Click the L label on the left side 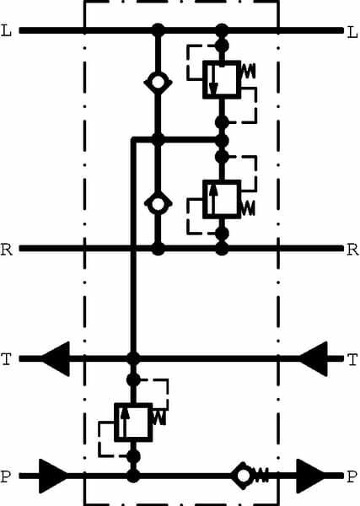click(7, 31)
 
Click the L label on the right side click(352, 32)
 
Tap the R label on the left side click(7, 250)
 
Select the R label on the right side click(352, 250)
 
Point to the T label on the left click(7, 359)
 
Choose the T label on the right click(352, 359)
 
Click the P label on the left click(7, 476)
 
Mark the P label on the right click(352, 476)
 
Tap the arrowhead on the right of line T click(314, 359)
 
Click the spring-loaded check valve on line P click(250, 476)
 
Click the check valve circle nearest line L click(158, 82)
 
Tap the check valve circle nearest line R click(158, 204)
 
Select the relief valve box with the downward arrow click(222, 79)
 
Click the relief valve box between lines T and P click(133, 423)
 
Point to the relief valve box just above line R click(222, 199)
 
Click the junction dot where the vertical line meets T click(133, 359)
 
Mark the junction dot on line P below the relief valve click(133, 476)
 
